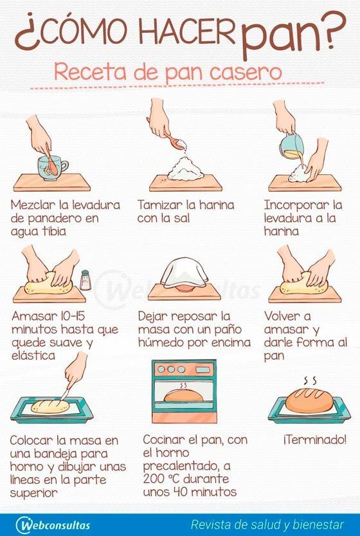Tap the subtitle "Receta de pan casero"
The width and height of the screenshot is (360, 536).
click(x=168, y=73)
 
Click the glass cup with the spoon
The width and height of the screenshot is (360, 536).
click(x=52, y=168)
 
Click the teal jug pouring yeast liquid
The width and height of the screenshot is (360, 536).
click(x=292, y=146)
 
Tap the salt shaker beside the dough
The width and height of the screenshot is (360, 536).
click(x=85, y=280)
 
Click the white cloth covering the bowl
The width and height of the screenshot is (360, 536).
click(x=184, y=272)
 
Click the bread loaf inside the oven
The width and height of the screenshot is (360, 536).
click(x=183, y=396)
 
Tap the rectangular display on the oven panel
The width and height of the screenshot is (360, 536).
click(x=203, y=369)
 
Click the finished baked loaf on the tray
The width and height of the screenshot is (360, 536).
click(x=309, y=400)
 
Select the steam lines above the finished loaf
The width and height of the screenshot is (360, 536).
click(x=310, y=380)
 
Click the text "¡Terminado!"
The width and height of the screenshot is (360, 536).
click(x=314, y=439)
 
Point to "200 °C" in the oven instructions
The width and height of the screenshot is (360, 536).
click(x=161, y=479)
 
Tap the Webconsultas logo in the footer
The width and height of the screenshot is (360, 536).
click(x=53, y=524)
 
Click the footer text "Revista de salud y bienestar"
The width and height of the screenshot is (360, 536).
click(x=267, y=524)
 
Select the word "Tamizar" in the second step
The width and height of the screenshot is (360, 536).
click(x=160, y=205)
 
